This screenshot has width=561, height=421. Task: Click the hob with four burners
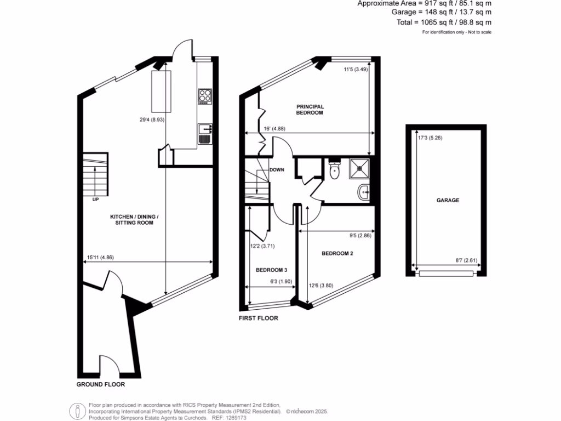[x=204, y=96]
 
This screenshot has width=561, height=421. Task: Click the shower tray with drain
[x=358, y=169]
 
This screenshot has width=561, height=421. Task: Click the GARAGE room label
[x=448, y=201]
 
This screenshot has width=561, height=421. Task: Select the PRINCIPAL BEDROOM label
[x=310, y=109]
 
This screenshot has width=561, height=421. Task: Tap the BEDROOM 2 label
[x=337, y=253]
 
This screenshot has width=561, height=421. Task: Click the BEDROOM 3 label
[x=271, y=270]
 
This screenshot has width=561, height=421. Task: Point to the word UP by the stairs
[x=95, y=200]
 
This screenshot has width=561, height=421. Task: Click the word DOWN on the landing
[x=277, y=170]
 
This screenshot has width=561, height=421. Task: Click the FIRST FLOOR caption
[x=258, y=318]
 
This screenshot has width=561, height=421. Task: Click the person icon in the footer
[x=77, y=411]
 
